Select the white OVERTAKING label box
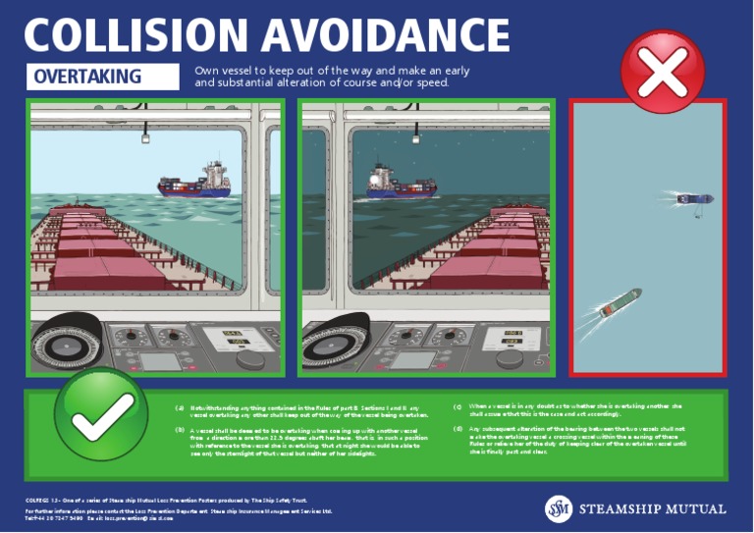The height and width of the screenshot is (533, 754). [104, 77]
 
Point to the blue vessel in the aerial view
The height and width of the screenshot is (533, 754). [694, 198]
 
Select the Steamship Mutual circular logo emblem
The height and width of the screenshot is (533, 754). [559, 508]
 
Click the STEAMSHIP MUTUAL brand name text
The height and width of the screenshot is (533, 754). [652, 509]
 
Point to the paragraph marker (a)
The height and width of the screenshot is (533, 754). [180, 406]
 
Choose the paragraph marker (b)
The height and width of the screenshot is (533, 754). [180, 430]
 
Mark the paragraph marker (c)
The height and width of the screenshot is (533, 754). [458, 406]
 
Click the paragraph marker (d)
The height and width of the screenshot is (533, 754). [458, 429]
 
